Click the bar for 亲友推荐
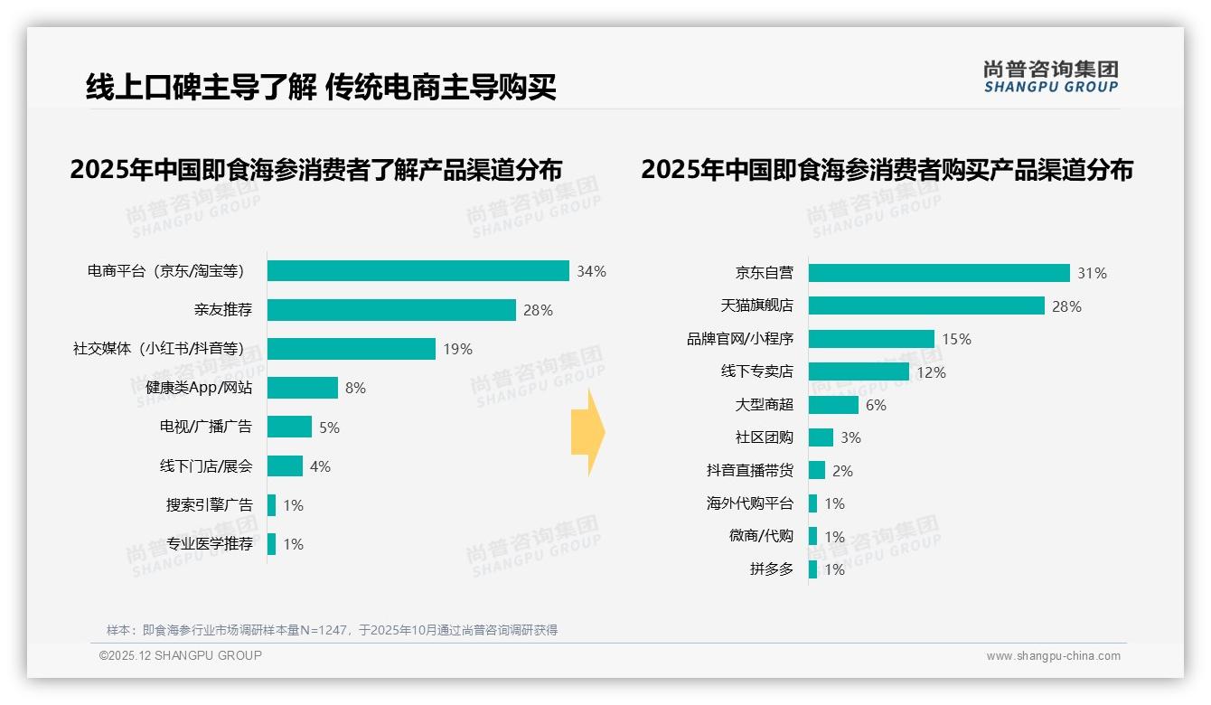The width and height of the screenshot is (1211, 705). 391,310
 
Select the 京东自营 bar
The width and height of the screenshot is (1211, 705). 939,273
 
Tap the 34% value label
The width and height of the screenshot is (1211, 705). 592,271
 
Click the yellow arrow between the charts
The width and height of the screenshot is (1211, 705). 587,433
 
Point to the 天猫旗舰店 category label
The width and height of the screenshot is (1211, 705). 756,306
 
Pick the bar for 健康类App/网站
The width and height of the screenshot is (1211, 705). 303,388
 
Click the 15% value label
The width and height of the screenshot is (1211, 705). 956,339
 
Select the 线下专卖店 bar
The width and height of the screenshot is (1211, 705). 859,371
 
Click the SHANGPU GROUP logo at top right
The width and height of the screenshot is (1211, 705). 1050,77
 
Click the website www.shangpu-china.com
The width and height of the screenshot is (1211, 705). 1053,656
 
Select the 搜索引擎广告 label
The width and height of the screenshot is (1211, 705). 209,505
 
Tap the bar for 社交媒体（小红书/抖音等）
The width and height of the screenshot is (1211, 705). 352,349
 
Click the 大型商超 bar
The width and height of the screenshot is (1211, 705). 833,405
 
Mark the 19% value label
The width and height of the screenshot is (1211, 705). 457,349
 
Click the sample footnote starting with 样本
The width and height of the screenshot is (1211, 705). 332,630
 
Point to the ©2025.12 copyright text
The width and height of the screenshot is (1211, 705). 181,655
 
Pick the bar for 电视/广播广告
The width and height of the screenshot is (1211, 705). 289,427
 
